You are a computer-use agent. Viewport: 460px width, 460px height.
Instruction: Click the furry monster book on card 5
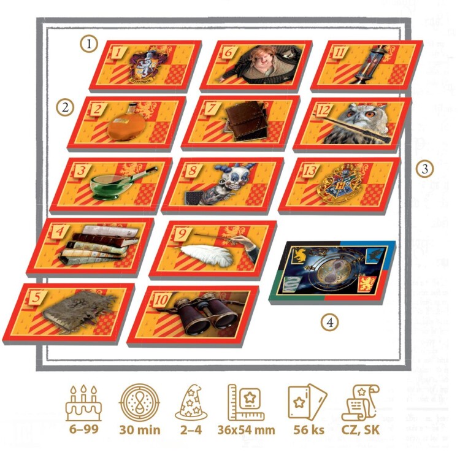(79, 312)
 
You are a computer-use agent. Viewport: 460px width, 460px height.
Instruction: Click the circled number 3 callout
(425, 169)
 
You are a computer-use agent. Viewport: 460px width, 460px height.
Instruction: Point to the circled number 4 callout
(330, 323)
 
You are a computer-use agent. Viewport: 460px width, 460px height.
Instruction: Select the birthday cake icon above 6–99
(84, 404)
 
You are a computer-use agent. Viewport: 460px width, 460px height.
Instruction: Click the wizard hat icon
(191, 402)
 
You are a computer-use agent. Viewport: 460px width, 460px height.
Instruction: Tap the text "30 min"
(140, 430)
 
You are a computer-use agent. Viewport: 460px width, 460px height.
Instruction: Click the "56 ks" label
(309, 430)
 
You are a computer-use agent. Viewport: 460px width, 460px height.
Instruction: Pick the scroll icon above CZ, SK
(361, 403)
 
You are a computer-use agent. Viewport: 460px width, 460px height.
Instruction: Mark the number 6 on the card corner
(228, 52)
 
